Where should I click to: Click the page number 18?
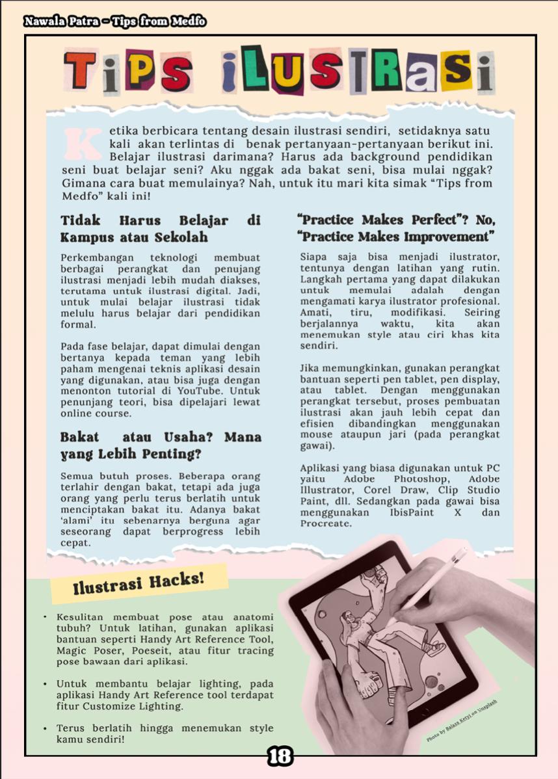tap(280, 756)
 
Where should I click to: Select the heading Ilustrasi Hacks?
tap(139, 582)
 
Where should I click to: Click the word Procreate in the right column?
tap(326, 523)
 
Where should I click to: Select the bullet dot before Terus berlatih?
tap(45, 728)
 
